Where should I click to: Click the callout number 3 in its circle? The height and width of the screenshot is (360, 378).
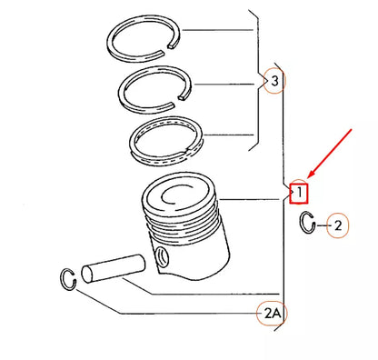(x=274, y=83)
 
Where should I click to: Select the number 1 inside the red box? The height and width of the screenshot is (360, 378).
(x=298, y=193)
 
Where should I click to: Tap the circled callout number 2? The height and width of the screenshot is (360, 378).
(x=336, y=225)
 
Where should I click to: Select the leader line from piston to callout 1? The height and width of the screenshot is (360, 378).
(x=254, y=198)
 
